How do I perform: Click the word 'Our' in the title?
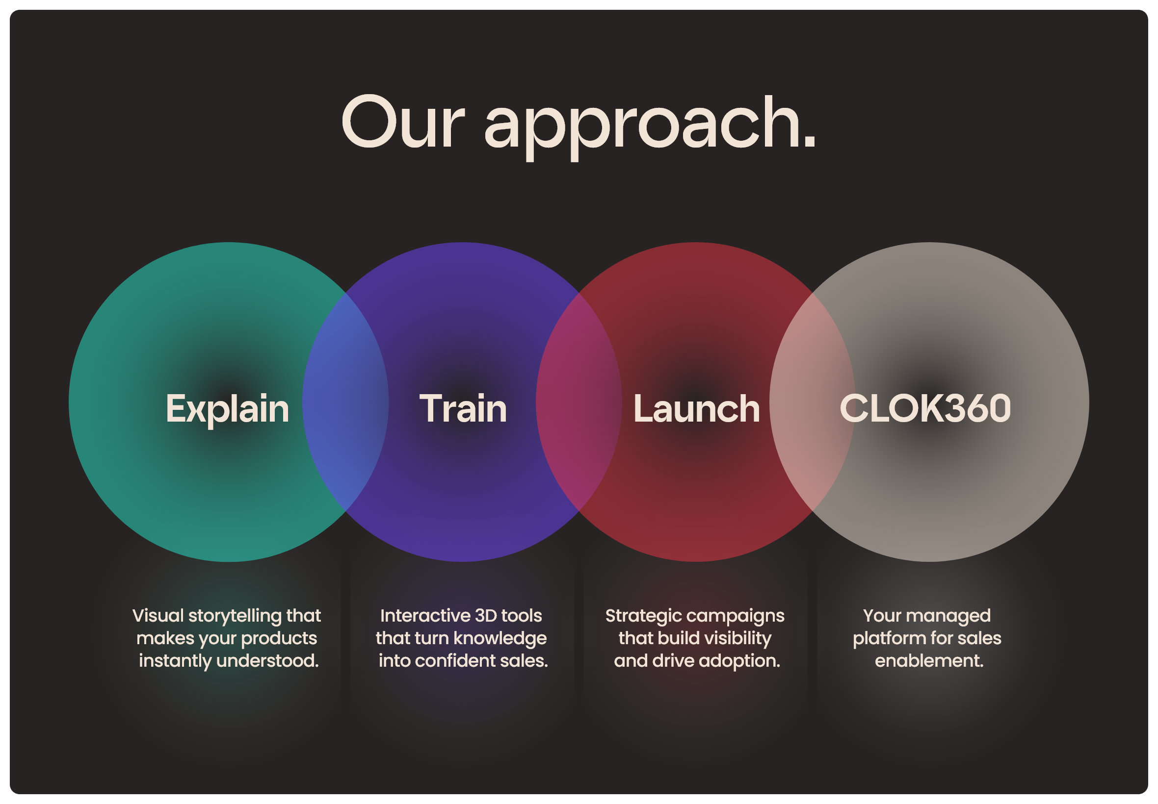coord(402,122)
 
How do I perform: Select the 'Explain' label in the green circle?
coord(227,409)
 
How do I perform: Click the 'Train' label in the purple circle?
coord(463,408)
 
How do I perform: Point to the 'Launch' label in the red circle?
coord(696,408)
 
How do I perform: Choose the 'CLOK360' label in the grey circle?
coord(925,407)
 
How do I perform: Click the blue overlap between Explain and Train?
coord(345,402)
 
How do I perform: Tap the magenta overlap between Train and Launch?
coord(579,402)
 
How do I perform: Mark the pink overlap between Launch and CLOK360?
coord(812,402)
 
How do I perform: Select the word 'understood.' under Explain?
coord(268,660)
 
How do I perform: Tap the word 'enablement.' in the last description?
coord(929,660)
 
